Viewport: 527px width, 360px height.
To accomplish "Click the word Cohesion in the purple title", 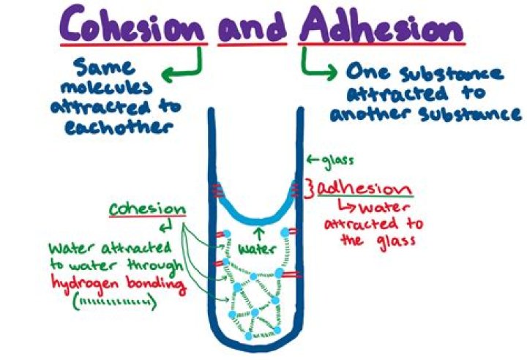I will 135,28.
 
